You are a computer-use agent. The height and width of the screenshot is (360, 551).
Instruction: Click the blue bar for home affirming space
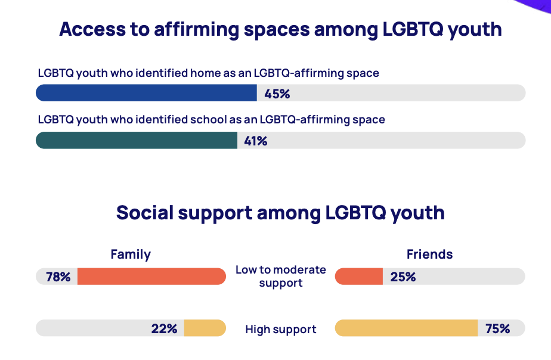[146, 93]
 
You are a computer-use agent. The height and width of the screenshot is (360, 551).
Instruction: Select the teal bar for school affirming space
[137, 140]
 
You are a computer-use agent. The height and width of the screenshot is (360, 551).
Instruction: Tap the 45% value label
[277, 94]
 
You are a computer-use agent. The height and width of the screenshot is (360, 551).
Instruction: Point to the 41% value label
[255, 141]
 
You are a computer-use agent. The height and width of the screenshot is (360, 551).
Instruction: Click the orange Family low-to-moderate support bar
[151, 277]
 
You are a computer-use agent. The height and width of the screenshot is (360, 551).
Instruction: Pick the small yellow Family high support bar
[205, 328]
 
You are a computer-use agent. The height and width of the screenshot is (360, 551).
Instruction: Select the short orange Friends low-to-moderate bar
[359, 277]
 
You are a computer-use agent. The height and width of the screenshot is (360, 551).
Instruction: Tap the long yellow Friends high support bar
[407, 328]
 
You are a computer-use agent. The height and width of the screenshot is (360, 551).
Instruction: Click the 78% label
[58, 277]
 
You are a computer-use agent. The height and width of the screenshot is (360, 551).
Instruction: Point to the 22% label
[164, 328]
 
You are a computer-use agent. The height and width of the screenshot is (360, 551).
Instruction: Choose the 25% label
[403, 277]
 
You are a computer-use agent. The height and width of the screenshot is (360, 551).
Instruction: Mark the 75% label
[497, 328]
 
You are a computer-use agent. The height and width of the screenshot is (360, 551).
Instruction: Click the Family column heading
[131, 255]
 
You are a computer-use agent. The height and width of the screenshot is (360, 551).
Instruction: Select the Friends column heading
[429, 255]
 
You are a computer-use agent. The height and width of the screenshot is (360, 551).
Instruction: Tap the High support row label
[281, 329]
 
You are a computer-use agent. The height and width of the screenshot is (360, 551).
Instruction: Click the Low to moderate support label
[281, 276]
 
